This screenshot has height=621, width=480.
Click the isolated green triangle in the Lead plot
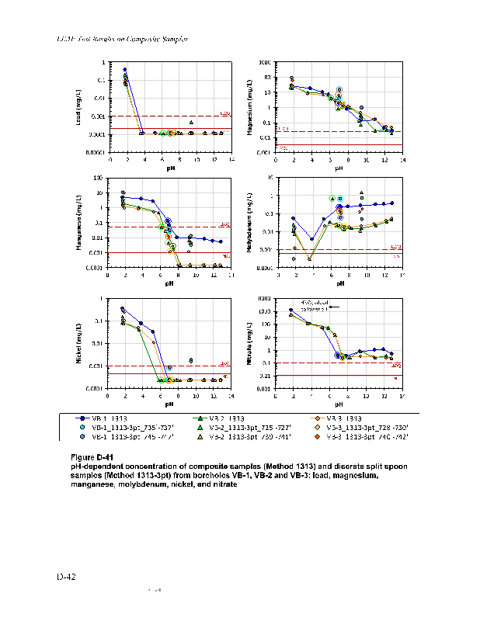pyautogui.click(x=191, y=122)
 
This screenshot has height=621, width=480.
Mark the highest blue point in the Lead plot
pyautogui.click(x=125, y=69)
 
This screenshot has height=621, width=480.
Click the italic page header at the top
pyautogui.click(x=123, y=38)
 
